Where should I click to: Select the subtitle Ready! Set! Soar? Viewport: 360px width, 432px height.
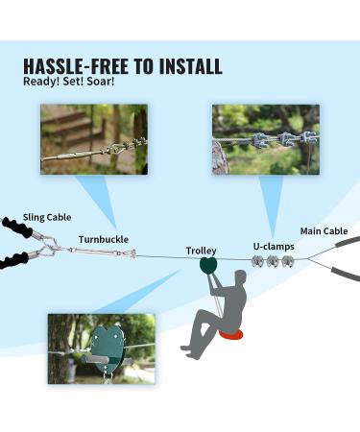[68, 81]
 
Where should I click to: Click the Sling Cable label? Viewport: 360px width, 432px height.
[45, 218]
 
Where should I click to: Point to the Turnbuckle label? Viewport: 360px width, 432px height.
[103, 239]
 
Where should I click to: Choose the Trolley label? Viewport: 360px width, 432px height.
[201, 251]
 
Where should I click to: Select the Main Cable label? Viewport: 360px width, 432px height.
[324, 230]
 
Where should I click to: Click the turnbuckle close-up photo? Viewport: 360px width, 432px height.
[93, 139]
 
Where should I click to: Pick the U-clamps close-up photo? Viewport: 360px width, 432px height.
[264, 138]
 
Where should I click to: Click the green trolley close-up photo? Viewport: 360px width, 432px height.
[101, 347]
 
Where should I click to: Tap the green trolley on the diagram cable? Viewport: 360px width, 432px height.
[206, 265]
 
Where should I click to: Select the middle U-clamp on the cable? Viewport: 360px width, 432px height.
[272, 261]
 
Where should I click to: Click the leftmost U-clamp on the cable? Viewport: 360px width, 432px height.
[257, 261]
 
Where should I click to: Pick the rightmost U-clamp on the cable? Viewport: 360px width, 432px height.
[286, 260]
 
